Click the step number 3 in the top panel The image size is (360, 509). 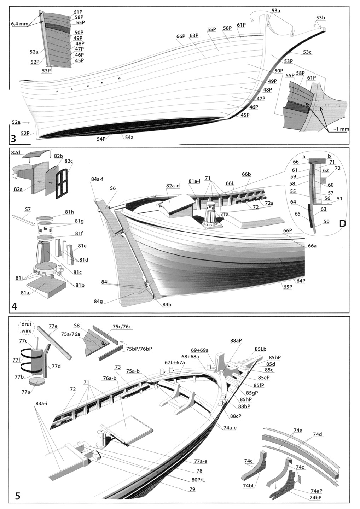(x=13, y=138)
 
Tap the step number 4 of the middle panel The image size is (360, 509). (x=14, y=306)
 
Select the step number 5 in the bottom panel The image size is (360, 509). (x=18, y=496)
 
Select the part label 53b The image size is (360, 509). (x=321, y=18)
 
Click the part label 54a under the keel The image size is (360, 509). (x=129, y=138)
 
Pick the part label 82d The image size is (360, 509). (x=16, y=153)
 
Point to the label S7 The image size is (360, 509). (x=28, y=210)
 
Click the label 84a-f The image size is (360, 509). (x=97, y=179)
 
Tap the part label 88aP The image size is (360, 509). (x=236, y=341)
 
